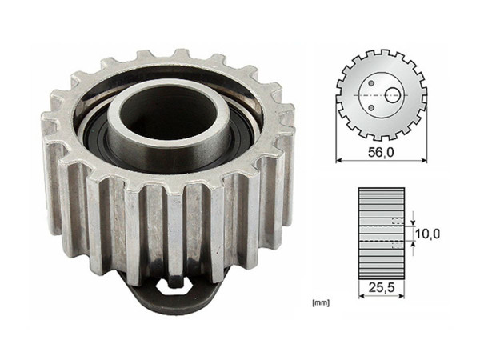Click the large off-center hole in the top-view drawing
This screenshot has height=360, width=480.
tap(391, 94)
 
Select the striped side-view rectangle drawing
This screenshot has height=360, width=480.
tap(382, 233)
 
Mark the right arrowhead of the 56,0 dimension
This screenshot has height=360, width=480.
tap(424, 160)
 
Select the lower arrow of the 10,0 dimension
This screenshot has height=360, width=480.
tap(413, 248)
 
